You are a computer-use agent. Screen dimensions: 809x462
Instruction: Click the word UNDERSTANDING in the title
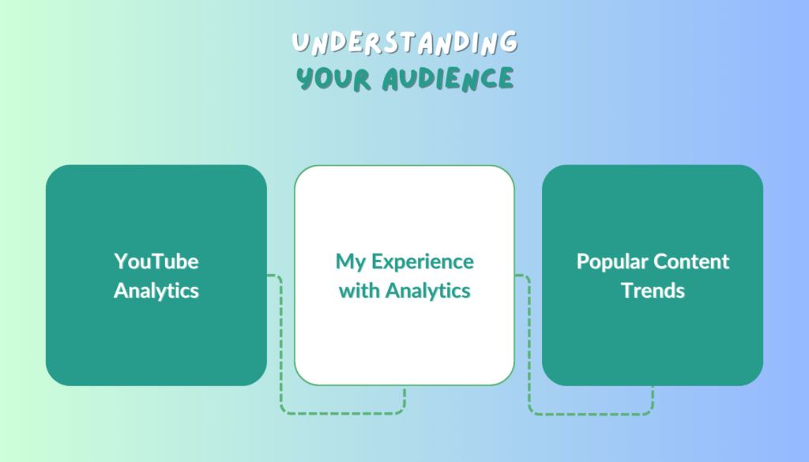404,43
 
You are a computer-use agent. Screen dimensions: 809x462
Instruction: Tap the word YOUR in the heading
333,79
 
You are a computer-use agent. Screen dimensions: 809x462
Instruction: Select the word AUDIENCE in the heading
448,79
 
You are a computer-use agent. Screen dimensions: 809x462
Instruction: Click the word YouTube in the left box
156,261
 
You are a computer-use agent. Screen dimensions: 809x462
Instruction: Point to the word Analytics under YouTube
156,291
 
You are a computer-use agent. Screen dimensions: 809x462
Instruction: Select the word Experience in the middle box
423,262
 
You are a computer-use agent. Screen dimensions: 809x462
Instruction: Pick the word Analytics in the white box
427,291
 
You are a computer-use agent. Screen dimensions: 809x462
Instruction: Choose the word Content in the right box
682,261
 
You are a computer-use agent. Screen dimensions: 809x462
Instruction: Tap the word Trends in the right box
653,291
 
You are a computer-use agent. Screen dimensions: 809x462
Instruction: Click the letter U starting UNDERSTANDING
300,43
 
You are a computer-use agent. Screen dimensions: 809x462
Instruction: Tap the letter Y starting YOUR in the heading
306,79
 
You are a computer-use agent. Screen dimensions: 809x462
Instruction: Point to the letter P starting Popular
582,261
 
